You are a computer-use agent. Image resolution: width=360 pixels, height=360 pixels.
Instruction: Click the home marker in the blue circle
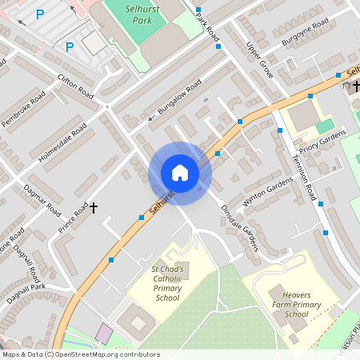tap(180, 173)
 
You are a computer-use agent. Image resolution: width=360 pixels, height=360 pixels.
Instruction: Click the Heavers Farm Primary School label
tap(286, 304)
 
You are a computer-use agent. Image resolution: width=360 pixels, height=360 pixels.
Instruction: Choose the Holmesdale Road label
tap(62, 142)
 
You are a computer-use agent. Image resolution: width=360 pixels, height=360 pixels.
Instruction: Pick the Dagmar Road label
tap(42, 198)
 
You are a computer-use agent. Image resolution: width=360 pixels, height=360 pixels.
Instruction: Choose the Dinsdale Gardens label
tap(240, 227)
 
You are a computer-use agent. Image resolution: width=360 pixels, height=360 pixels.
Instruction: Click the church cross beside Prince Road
tap(94, 208)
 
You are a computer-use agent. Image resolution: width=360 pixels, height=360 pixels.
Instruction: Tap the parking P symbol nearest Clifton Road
tap(69, 46)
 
